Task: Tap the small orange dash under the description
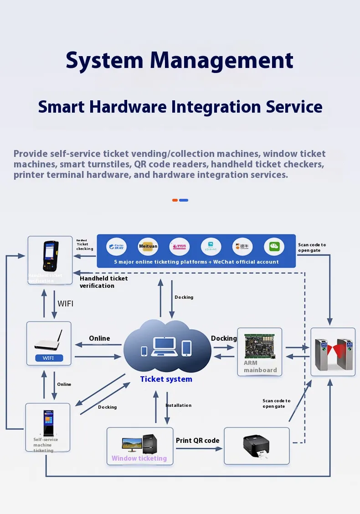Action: [175, 200]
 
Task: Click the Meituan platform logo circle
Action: [148, 246]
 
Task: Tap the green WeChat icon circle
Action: [273, 246]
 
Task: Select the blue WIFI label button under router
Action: [48, 358]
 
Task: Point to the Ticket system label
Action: [166, 379]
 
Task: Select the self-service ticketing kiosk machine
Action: [48, 422]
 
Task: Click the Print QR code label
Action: [197, 441]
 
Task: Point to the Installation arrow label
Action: [178, 405]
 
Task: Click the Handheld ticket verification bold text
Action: [103, 282]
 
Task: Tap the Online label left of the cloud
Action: [99, 338]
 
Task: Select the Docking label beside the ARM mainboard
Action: [224, 338]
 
